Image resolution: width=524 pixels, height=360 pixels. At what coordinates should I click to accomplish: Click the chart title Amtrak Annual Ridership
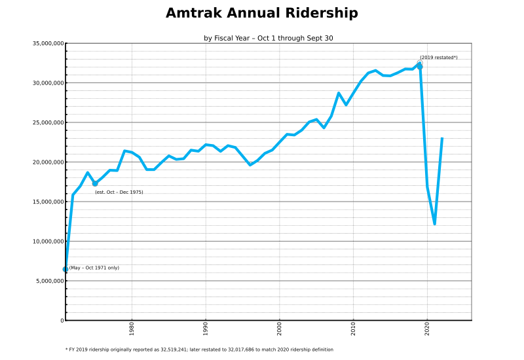click(261, 14)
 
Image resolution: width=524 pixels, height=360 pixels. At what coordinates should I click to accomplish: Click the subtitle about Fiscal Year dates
click(268, 39)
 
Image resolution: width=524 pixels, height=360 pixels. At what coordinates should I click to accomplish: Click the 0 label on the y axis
click(61, 321)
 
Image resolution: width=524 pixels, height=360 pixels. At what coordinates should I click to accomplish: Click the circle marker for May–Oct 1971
click(65, 269)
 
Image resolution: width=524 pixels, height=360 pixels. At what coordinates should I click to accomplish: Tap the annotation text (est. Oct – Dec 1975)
click(119, 192)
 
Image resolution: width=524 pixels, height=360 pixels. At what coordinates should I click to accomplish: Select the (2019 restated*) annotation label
click(438, 58)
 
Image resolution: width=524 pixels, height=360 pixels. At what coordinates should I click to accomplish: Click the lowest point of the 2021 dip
click(434, 224)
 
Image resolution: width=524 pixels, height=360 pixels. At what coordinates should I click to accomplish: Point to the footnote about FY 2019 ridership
click(199, 350)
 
